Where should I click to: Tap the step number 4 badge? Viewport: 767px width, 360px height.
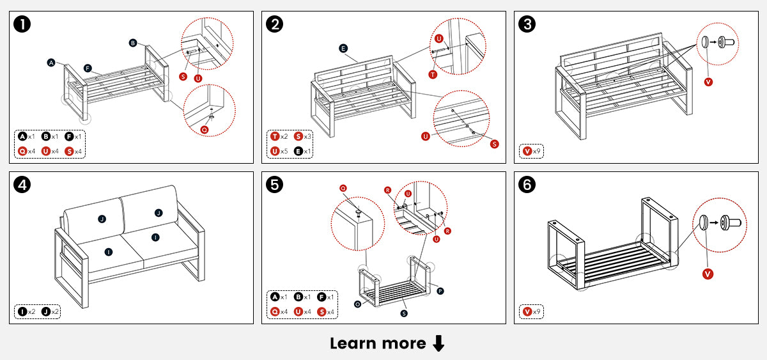(23, 185)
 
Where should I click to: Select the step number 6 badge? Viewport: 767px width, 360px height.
(529, 185)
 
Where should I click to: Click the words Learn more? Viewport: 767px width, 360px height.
(377, 343)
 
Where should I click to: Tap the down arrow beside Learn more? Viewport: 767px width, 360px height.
(438, 343)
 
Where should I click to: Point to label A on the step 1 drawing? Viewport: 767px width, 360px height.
(51, 63)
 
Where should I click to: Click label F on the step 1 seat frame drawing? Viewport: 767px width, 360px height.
(87, 68)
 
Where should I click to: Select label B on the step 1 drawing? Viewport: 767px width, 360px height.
(133, 43)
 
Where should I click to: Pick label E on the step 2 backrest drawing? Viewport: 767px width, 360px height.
(343, 49)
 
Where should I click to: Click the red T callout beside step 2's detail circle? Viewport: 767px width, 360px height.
(433, 75)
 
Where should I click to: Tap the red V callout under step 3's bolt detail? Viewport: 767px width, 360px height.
(708, 82)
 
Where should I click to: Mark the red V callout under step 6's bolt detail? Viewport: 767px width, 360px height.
(708, 274)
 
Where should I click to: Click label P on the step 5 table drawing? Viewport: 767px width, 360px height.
(440, 291)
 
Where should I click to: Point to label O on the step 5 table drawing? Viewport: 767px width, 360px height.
(357, 304)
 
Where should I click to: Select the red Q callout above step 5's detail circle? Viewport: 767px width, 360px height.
(343, 188)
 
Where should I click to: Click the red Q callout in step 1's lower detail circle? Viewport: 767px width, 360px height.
(205, 129)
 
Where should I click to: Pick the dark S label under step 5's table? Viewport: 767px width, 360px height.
(404, 313)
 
